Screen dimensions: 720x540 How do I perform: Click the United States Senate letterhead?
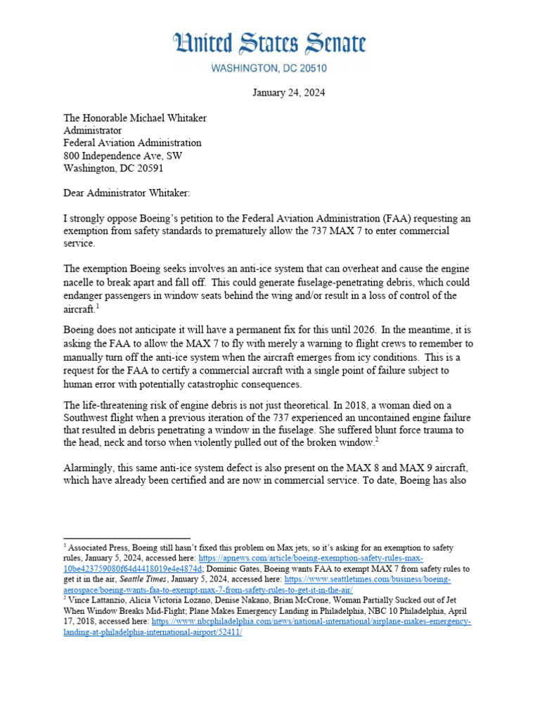[x=269, y=44]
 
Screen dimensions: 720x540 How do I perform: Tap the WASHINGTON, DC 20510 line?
[x=269, y=69]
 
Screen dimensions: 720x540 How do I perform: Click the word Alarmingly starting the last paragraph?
[x=91, y=468]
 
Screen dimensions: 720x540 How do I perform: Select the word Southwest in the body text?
[x=86, y=417]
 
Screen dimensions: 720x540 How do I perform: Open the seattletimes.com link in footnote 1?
[x=281, y=579]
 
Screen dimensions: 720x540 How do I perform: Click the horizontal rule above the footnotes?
[x=127, y=538]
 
